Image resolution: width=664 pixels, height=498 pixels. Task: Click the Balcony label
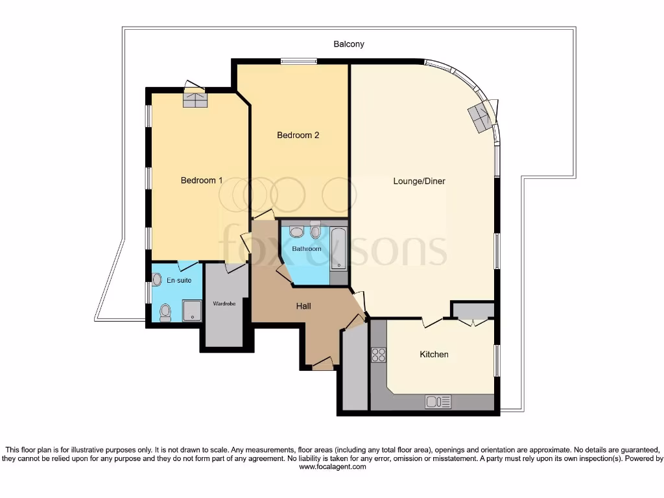pos(349,44)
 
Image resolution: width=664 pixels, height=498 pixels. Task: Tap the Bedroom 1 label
pos(202,180)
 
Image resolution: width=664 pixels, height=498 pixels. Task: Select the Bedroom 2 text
pos(298,135)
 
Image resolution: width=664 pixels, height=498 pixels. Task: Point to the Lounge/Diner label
pos(419,181)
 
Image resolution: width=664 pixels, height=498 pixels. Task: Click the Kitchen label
pos(434,354)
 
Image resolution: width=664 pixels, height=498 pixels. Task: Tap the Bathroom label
pos(306,248)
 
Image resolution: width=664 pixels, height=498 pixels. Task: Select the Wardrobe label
pos(224,303)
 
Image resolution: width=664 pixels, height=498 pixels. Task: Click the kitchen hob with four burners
pos(378,355)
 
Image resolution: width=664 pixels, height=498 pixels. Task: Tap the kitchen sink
pos(438,402)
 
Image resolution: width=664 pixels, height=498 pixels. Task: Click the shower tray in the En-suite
pos(193,310)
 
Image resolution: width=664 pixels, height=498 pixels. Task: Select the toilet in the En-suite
pos(165,313)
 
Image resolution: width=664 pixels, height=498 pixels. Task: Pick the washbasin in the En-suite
pos(156,279)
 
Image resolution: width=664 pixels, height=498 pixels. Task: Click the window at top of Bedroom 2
pos(299,62)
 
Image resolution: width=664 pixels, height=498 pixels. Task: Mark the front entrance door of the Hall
pos(322,364)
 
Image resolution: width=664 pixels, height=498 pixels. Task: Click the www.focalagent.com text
pos(331,466)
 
